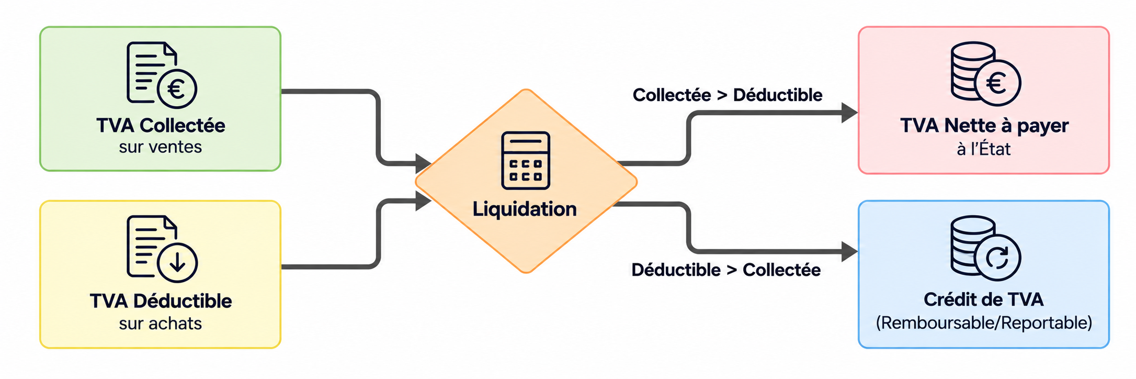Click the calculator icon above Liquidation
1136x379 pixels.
click(x=525, y=160)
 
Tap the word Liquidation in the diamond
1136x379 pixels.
click(x=525, y=209)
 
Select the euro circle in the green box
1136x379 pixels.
click(x=177, y=88)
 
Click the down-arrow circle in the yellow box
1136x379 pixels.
click(x=177, y=262)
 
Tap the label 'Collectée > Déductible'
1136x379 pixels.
click(x=728, y=95)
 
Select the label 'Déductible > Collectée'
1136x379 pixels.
click(x=726, y=270)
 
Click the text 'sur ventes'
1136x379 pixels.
click(x=160, y=147)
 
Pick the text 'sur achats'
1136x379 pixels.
click(x=160, y=324)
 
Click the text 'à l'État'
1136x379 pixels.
click(x=984, y=149)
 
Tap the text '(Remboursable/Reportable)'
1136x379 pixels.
click(x=984, y=322)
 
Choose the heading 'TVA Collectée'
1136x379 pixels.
click(x=161, y=126)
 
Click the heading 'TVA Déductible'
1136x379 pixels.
click(x=161, y=301)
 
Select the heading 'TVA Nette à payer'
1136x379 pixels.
click(x=984, y=126)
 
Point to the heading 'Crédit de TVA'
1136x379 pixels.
click(x=984, y=299)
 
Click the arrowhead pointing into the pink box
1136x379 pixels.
click(x=849, y=113)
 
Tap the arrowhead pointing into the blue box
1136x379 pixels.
click(x=849, y=252)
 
